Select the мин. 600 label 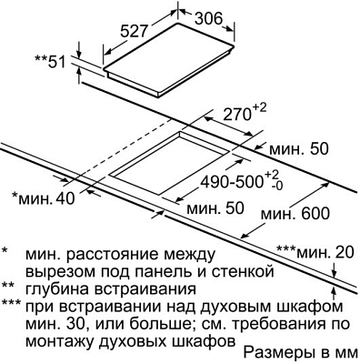click(x=292, y=214)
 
